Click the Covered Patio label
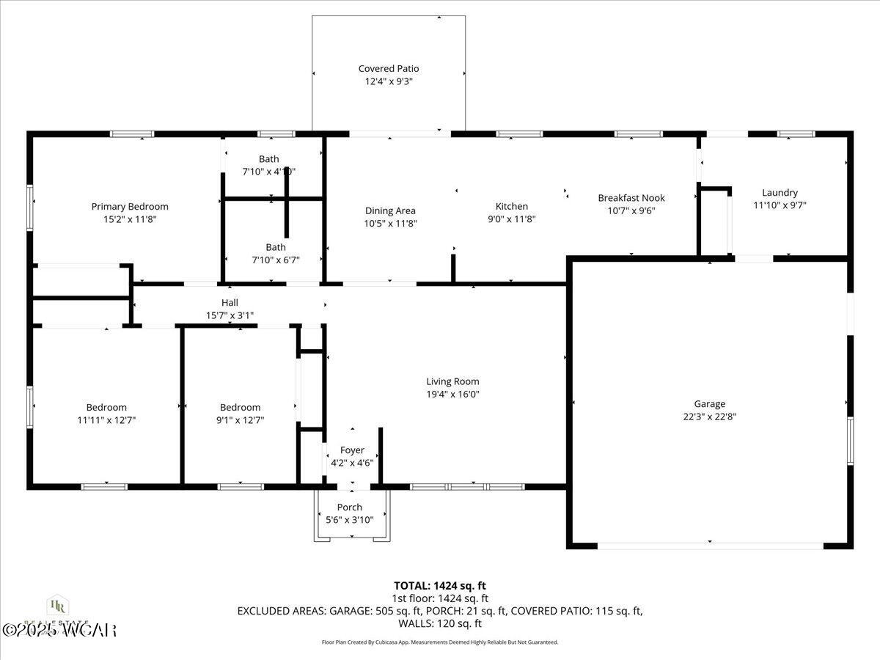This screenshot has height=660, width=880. (389, 69)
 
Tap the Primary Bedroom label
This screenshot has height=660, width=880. (130, 207)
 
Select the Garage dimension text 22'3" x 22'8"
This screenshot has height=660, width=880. (709, 417)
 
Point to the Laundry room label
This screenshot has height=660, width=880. (780, 193)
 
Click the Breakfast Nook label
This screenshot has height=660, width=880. (631, 198)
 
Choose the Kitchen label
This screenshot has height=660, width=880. (511, 207)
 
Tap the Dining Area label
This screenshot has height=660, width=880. (390, 211)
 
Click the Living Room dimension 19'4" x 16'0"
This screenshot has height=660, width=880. (452, 394)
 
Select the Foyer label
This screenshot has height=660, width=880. (352, 450)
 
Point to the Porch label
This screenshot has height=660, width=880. (350, 507)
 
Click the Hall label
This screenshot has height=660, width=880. (230, 303)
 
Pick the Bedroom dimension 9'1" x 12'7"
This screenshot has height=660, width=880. (240, 420)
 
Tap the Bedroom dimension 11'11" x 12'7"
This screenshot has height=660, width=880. (106, 420)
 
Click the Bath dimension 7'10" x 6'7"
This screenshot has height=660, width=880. (276, 260)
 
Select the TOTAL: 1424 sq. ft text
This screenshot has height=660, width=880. (440, 585)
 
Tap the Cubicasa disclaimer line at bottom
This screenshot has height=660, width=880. (440, 642)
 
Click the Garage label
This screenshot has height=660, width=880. (709, 404)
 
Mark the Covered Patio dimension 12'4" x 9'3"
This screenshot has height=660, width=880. (389, 81)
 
